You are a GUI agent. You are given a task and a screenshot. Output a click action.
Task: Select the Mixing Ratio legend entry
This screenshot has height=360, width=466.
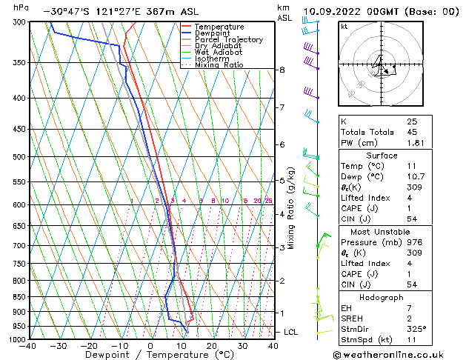coord(219,65)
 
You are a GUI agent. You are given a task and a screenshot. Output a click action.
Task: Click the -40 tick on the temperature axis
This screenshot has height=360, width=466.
coord(28,346)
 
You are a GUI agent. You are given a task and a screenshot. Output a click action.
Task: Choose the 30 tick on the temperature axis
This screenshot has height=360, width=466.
coord(242,346)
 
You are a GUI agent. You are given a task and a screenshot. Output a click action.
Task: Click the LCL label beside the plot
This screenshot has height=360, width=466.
coord(291,332)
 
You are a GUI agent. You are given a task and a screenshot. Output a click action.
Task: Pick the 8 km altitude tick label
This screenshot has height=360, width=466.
coord(282,70)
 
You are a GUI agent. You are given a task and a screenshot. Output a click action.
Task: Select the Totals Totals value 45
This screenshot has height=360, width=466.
coord(412,133)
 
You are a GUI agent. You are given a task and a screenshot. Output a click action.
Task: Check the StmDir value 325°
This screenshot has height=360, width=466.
coord(416,329)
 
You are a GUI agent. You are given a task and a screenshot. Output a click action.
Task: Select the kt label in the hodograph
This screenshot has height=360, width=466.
coord(344,26)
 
